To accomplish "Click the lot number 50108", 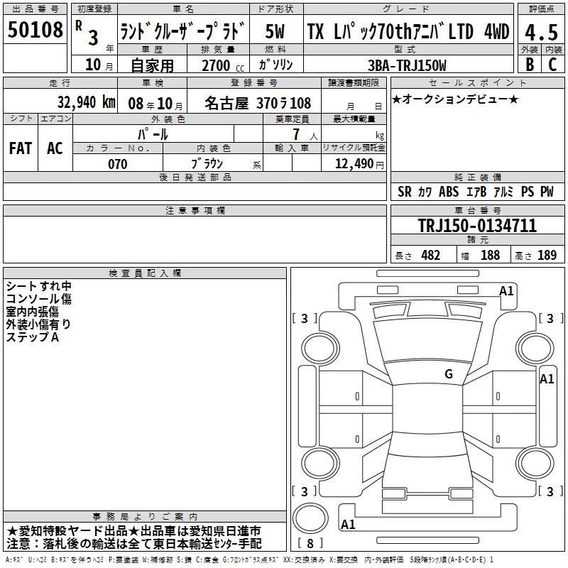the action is point(35,29).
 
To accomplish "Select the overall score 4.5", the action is point(541,32).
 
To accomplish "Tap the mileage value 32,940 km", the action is point(86,102).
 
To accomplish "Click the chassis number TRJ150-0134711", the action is point(477,226).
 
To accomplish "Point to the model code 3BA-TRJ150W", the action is point(407,65).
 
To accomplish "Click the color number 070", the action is point(117,164).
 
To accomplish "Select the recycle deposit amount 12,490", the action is point(354,163).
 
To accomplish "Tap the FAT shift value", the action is point(21,148).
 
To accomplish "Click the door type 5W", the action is point(275,31).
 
